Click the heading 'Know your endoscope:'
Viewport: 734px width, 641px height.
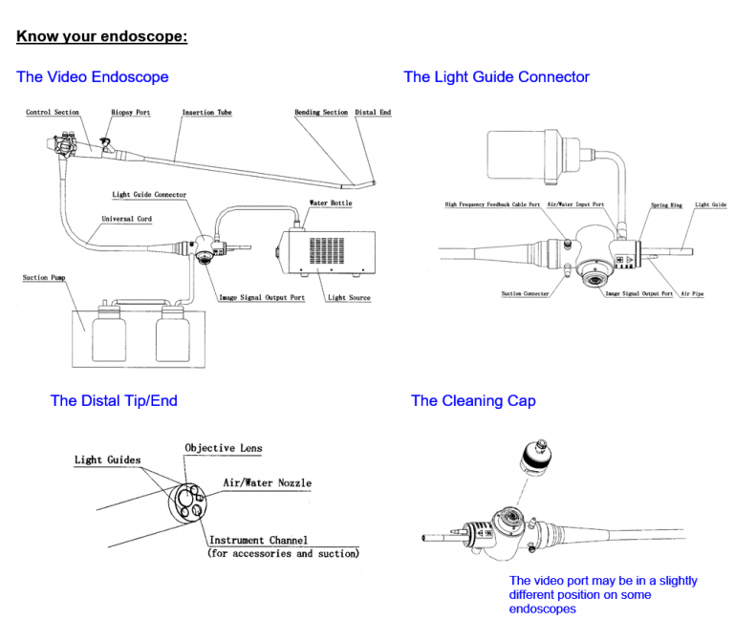(101, 37)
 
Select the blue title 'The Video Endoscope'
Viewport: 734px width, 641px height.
(92, 76)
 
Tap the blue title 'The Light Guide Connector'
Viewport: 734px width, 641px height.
(496, 76)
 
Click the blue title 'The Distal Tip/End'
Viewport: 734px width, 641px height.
(114, 400)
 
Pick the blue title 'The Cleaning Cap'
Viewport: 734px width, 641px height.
(473, 400)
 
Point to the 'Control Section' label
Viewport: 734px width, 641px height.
(53, 113)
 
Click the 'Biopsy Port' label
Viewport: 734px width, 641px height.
(131, 113)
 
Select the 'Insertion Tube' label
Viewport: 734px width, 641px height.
(206, 113)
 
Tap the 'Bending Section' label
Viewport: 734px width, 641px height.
(321, 113)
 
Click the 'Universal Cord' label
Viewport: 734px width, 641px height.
(126, 219)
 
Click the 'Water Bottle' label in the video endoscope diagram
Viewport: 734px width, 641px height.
(331, 203)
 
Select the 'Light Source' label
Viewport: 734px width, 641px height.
(349, 297)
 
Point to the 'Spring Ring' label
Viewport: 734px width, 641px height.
(666, 204)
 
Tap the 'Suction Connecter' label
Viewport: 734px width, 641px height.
(525, 293)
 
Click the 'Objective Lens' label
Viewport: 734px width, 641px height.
(224, 448)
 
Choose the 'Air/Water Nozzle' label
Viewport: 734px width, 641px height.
(268, 482)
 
